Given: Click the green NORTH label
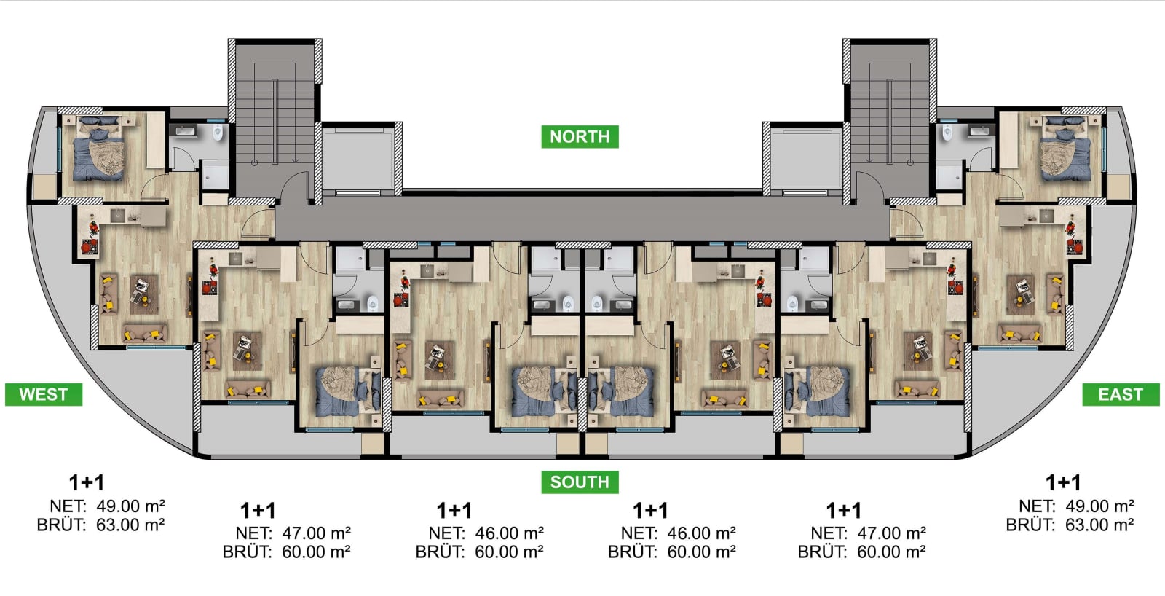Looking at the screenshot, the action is [580, 136].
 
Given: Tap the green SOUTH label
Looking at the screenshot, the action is [580, 482].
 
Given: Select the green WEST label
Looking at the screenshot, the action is [44, 395].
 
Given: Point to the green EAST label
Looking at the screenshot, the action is [1121, 395].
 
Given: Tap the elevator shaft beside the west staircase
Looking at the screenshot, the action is [359, 159].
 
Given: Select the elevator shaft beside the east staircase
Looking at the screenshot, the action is [806, 159].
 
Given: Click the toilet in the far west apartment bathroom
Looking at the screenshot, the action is [218, 132].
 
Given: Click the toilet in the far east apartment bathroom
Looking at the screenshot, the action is [947, 132].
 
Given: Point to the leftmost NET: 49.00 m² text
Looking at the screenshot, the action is [108, 506].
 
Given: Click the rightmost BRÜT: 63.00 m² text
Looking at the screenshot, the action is [1070, 525].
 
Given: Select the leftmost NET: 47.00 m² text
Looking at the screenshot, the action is [293, 533].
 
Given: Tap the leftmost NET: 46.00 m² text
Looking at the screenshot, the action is [486, 533].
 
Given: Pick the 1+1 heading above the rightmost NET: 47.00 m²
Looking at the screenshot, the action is [844, 511].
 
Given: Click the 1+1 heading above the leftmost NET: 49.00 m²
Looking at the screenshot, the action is [87, 483].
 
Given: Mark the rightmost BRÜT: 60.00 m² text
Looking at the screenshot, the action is [862, 552].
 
